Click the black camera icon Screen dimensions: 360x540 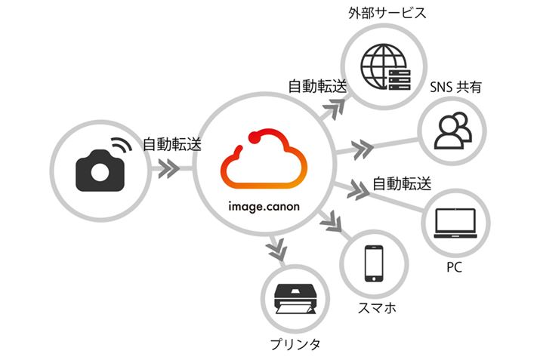click(x=99, y=171)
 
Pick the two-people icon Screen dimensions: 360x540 click(x=452, y=131)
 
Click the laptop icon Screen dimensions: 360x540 click(x=455, y=223)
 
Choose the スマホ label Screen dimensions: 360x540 click(x=373, y=309)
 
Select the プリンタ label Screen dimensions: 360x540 click(x=295, y=345)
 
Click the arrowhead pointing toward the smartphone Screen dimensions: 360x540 click(x=331, y=222)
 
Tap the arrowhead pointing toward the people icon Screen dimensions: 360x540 click(x=364, y=146)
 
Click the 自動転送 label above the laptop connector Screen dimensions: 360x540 click(x=401, y=183)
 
